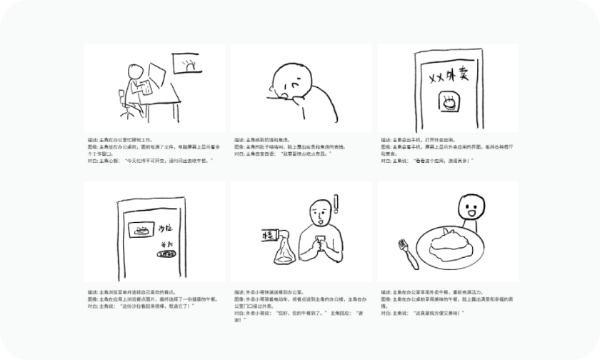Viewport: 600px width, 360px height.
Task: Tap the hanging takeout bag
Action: pyautogui.click(x=280, y=249)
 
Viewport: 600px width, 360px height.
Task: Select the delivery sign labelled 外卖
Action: pyautogui.click(x=271, y=234)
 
